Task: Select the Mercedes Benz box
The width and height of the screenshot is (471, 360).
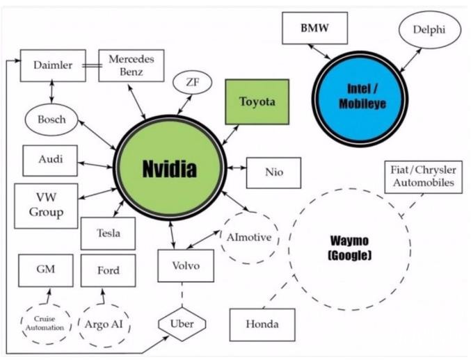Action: click(x=131, y=65)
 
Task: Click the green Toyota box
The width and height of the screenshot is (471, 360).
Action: click(x=257, y=102)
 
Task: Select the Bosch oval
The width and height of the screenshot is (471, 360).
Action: click(x=52, y=120)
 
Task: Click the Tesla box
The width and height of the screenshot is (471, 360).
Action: click(x=108, y=233)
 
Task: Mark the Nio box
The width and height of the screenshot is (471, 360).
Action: click(x=273, y=172)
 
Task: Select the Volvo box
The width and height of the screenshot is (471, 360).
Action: click(x=185, y=265)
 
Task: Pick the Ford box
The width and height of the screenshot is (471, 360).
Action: click(x=109, y=270)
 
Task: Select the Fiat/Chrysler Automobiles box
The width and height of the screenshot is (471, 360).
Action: click(x=422, y=177)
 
